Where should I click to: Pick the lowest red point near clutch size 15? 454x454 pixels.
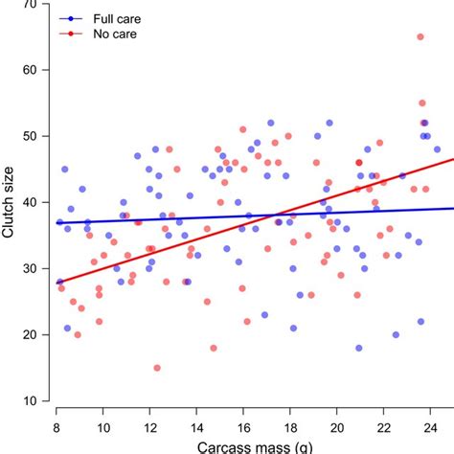[x=157, y=368]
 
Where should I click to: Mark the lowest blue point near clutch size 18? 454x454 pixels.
[x=359, y=348]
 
